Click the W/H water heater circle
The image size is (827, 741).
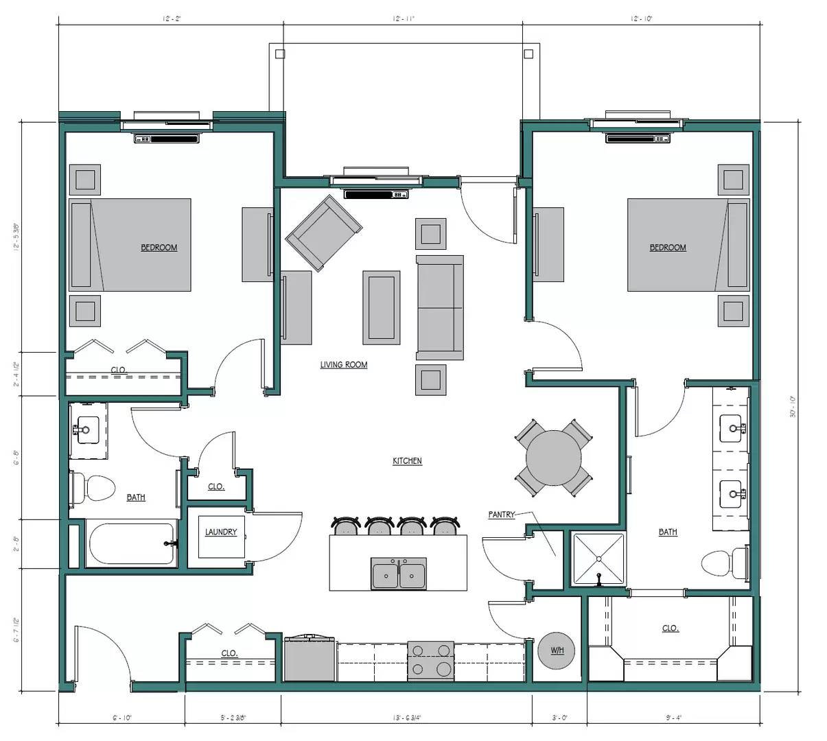point(557,649)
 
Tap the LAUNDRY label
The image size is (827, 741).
point(221,532)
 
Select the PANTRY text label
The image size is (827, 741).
point(502,514)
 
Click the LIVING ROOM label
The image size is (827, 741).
point(344,364)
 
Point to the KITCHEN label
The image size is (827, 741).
point(407,461)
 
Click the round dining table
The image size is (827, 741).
point(554,458)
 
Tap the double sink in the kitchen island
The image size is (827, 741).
point(399,574)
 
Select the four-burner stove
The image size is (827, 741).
point(430,660)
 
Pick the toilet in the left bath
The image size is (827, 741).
point(94,488)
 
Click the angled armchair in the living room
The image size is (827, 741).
point(323,232)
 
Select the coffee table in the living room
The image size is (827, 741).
point(382,307)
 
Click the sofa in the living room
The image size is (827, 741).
point(440,307)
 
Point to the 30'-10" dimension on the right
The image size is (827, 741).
point(792,406)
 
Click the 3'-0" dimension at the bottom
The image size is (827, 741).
point(559,718)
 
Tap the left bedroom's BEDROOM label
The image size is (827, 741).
point(159,248)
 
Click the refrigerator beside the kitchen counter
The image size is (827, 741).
point(310,659)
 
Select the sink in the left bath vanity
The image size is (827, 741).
point(86,430)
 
